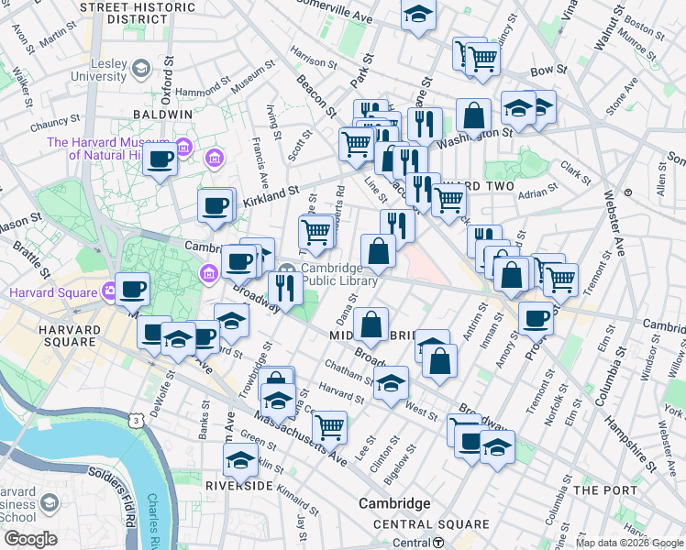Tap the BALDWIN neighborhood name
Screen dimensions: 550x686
click(162, 114)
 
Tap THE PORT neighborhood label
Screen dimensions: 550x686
click(605, 490)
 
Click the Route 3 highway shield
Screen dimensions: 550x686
click(137, 420)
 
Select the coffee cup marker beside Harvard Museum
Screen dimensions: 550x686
click(160, 160)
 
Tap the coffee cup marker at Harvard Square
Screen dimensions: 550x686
click(132, 290)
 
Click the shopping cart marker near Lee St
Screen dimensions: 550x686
click(329, 425)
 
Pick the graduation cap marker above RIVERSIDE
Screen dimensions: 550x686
click(240, 459)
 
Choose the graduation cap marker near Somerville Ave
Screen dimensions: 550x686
click(418, 14)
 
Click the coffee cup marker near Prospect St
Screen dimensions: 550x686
click(536, 319)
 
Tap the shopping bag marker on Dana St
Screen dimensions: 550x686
click(371, 324)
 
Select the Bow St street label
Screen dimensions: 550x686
click(545, 70)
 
